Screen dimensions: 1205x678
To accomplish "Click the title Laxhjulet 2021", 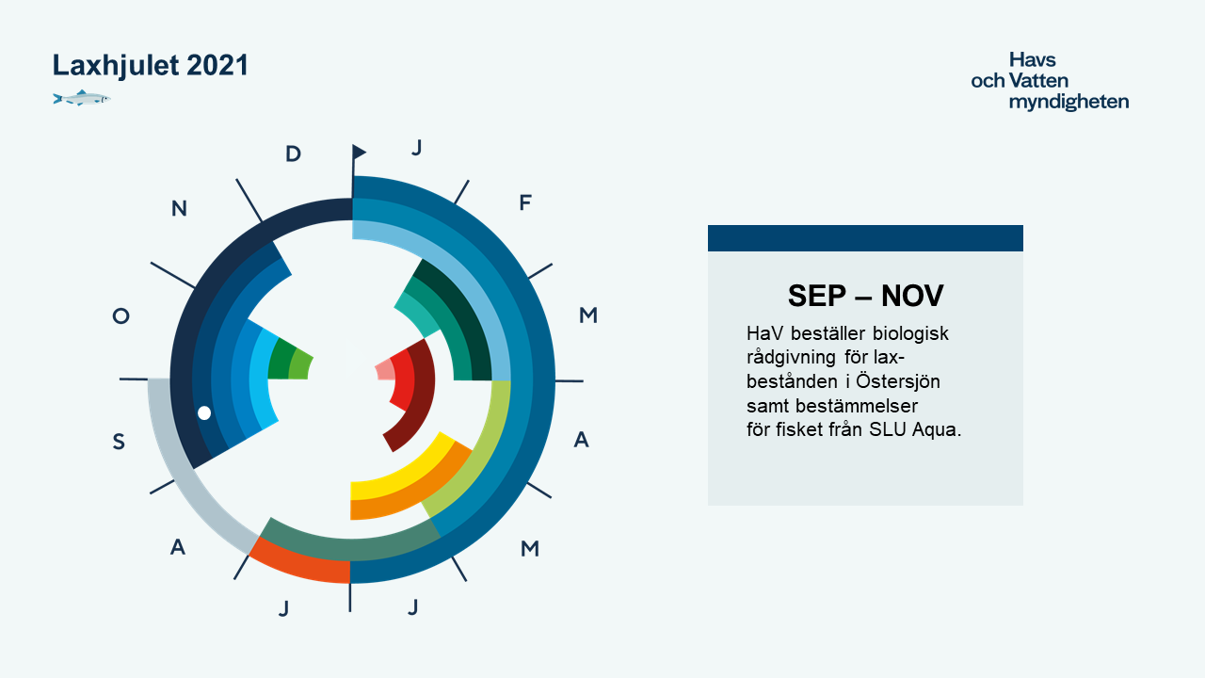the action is coord(150,65).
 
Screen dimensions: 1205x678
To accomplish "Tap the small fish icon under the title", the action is coord(82,98).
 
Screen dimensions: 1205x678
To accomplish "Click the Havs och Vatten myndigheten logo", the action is coord(1050,81).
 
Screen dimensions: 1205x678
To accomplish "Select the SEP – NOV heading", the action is coord(865,296).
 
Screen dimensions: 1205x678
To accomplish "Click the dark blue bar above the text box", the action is coord(865,238).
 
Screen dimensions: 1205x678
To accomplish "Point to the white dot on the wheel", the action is coord(204,412).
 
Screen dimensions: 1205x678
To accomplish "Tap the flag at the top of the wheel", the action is coord(359,153).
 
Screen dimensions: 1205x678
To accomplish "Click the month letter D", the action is coord(293,153).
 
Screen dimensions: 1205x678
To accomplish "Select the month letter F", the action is coord(525,202).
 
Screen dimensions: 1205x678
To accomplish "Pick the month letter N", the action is coord(179,208).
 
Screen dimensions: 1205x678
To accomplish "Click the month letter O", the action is coord(121,315).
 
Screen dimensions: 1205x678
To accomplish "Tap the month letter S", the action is coord(119,442).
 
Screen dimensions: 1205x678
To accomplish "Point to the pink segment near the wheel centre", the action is coord(385,370).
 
